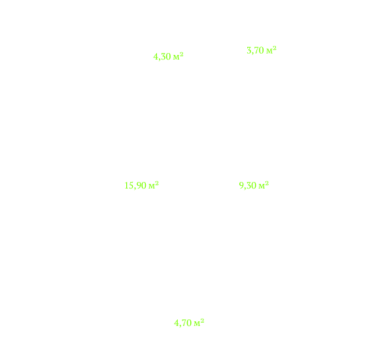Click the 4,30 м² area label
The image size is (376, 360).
[x=168, y=57]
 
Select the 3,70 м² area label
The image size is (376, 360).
[x=262, y=50]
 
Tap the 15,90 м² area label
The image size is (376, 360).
[x=141, y=185]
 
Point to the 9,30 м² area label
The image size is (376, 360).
[x=254, y=185]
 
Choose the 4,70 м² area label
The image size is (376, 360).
[x=189, y=323]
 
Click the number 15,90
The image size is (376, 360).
[x=135, y=186]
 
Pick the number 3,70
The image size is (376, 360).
[x=256, y=50]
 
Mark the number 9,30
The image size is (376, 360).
[x=248, y=186]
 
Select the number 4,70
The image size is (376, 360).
[x=182, y=323]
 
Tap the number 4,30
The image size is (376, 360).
[x=162, y=57]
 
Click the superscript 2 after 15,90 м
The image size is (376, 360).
[x=157, y=183]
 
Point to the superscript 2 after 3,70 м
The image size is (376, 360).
[x=275, y=48]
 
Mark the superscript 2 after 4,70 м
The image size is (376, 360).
[x=203, y=321]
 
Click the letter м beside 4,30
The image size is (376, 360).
[x=177, y=58]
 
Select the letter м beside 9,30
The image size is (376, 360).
[x=262, y=187]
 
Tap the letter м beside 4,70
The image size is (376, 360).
[x=197, y=324]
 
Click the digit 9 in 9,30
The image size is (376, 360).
[x=241, y=185]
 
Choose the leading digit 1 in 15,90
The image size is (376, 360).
[x=126, y=185]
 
